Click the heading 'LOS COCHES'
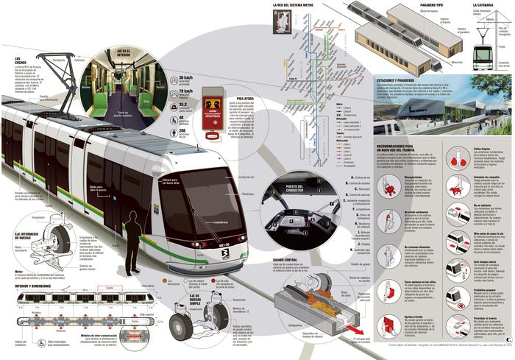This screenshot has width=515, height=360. [x=22, y=60]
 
